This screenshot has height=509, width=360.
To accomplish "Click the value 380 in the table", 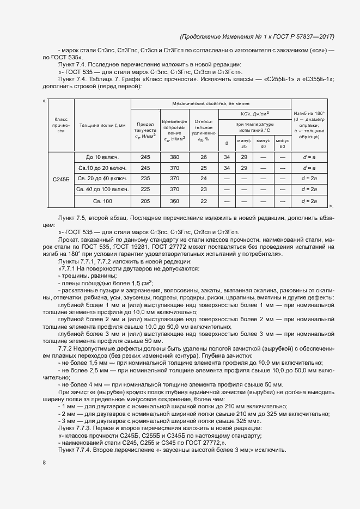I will (x=174, y=157).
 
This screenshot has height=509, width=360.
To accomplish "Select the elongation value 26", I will (x=203, y=157).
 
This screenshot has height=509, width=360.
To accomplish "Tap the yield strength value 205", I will (x=145, y=201).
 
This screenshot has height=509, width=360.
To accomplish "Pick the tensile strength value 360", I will (x=174, y=201).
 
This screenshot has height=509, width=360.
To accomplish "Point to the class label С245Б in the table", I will (x=61, y=179).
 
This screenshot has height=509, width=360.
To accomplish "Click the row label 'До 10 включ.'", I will (x=102, y=157).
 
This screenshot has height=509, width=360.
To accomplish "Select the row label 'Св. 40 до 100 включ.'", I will (x=102, y=190).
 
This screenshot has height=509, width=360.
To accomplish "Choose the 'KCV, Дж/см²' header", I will (x=254, y=114).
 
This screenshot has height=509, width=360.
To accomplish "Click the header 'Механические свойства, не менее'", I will (x=211, y=103).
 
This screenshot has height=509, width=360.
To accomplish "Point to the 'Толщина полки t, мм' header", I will (x=102, y=125).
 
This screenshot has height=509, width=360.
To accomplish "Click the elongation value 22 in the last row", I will (x=203, y=201).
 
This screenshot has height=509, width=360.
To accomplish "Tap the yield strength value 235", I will (x=145, y=179).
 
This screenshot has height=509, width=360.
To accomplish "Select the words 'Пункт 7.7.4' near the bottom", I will (x=74, y=451).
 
